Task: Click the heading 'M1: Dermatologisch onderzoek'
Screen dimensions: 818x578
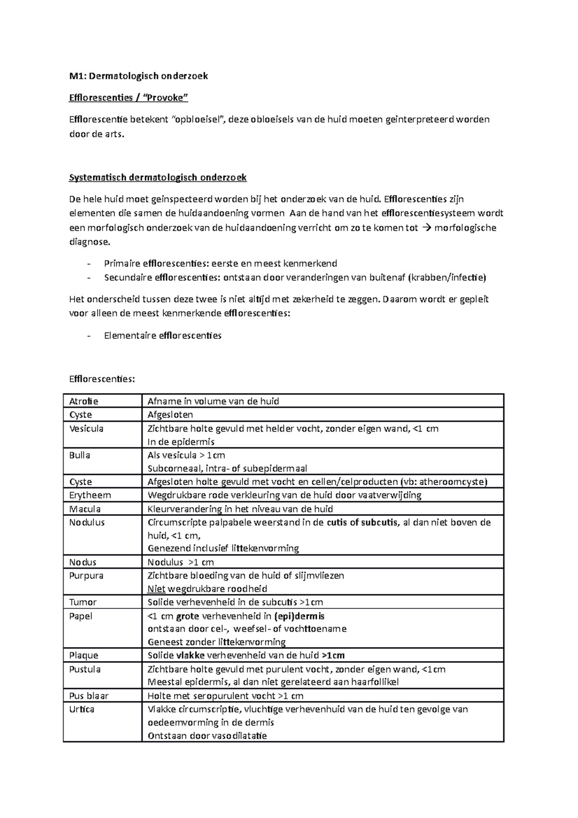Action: point(139,76)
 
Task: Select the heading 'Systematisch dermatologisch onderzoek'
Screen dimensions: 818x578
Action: point(158,178)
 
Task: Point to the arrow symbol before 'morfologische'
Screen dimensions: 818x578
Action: point(427,228)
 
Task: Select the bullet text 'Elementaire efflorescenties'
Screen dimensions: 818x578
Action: point(162,336)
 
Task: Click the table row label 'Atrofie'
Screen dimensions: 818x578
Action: point(84,401)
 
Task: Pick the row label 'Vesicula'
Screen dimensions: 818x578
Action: point(86,429)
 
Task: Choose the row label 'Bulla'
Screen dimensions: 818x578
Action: point(79,455)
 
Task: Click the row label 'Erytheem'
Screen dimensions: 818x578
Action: point(90,495)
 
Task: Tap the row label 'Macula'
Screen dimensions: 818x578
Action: point(85,509)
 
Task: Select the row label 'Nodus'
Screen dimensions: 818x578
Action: point(83,563)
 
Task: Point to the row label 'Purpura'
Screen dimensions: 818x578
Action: point(86,576)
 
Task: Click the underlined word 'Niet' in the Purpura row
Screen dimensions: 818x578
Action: point(156,589)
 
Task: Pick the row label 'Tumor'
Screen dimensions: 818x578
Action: point(83,602)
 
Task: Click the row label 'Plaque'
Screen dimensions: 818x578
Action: point(84,656)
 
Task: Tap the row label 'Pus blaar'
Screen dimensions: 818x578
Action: point(89,696)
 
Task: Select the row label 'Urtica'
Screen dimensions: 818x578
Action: point(82,710)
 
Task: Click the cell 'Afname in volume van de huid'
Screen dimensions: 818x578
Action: point(213,401)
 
